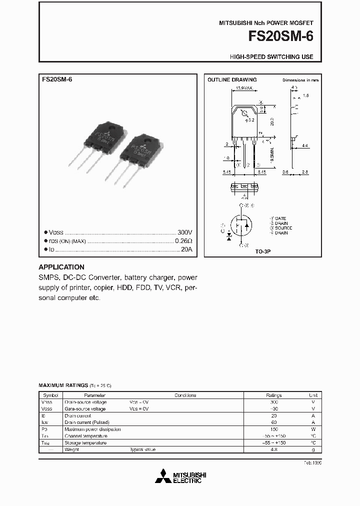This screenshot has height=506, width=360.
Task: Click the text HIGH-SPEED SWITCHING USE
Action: pyautogui.click(x=271, y=57)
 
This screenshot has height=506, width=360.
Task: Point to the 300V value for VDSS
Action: pyautogui.click(x=184, y=232)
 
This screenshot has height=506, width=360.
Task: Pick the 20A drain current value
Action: pyautogui.click(x=186, y=249)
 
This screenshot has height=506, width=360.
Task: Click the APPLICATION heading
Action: pyautogui.click(x=61, y=267)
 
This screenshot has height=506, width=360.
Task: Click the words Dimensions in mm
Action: pyautogui.click(x=300, y=80)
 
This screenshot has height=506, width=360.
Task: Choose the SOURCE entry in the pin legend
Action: pyautogui.click(x=283, y=228)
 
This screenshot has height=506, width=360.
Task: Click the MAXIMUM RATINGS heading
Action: pyautogui.click(x=63, y=385)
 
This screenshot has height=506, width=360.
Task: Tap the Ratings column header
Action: pyautogui.click(x=273, y=395)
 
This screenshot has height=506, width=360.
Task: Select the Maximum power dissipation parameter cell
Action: pyautogui.click(x=92, y=429)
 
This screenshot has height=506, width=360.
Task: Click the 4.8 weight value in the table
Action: pyautogui.click(x=273, y=449)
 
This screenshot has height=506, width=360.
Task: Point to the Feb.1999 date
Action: pyautogui.click(x=312, y=463)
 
